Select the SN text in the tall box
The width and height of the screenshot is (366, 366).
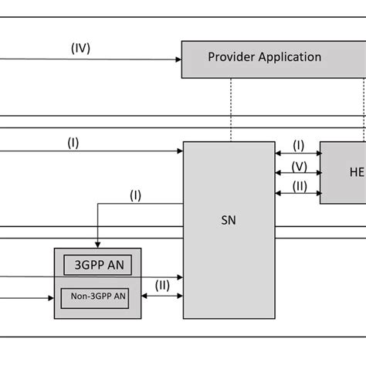(228, 219)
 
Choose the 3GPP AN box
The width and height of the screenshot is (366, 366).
(98, 265)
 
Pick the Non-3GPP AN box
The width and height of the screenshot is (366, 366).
(98, 296)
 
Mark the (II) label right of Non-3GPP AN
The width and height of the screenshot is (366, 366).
(163, 285)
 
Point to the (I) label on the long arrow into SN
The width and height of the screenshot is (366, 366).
(73, 142)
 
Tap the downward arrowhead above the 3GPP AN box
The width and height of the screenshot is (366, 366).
(98, 244)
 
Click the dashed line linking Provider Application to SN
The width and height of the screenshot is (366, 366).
(230, 109)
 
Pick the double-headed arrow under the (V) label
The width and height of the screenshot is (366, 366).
(297, 175)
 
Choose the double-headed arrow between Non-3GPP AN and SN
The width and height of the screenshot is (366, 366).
(163, 296)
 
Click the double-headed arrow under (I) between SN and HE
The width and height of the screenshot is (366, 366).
(297, 153)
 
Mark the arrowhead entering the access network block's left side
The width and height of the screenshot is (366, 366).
(50, 296)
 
